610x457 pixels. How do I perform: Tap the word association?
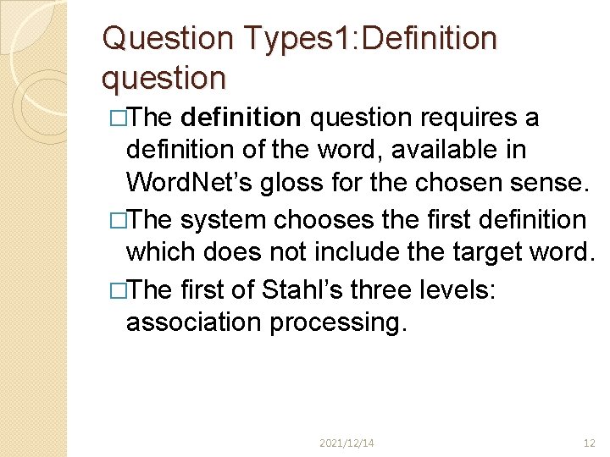tap(193, 322)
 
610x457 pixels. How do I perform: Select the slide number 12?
tap(590, 442)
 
